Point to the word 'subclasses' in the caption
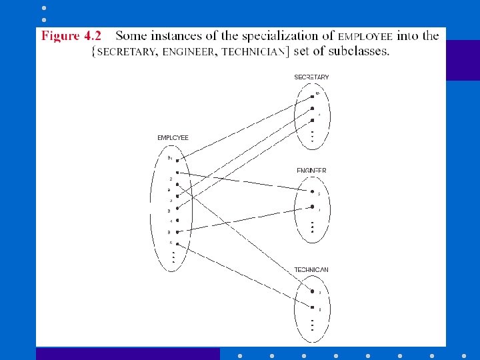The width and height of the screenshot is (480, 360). tap(357, 51)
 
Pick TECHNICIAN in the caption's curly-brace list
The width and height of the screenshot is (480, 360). tap(255, 52)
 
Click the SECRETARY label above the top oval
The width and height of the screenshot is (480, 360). tap(311, 77)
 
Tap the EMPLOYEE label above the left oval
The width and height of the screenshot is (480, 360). tap(173, 138)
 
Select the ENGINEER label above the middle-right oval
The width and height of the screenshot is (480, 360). tap(311, 171)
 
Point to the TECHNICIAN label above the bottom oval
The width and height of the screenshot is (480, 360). tap(311, 270)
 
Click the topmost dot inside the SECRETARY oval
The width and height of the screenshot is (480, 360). tap(312, 97)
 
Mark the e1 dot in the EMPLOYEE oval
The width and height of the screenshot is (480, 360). tap(177, 160)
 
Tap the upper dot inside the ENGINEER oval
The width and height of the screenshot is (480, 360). tap(311, 192)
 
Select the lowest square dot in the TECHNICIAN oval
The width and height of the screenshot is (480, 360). tap(312, 307)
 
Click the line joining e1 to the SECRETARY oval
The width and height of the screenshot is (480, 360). tap(247, 127)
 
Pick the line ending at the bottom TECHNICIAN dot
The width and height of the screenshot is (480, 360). tap(247, 277)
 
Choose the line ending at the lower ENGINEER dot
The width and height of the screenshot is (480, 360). tap(247, 219)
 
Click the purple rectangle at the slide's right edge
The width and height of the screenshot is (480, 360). tap(463, 60)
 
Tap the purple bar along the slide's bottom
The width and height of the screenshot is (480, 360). tap(127, 354)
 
